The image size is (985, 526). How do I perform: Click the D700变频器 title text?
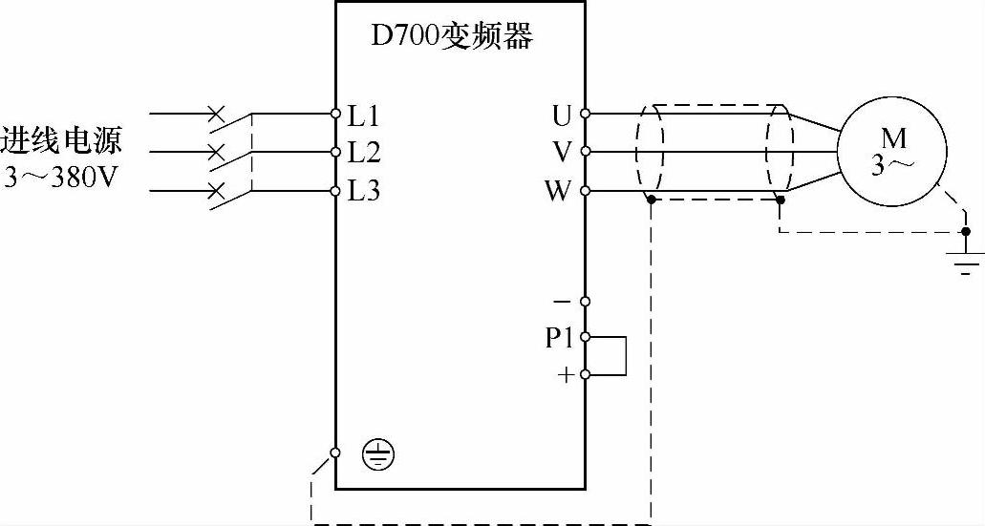coord(451,38)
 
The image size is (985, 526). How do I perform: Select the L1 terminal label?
coord(363,116)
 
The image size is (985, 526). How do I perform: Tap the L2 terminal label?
coord(363,153)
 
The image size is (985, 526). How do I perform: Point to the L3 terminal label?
coord(363,191)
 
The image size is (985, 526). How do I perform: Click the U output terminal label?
coord(562,116)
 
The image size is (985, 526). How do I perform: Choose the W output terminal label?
coord(558,191)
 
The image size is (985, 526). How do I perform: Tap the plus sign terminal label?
coord(566,375)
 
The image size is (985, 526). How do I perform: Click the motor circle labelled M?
coord(892,152)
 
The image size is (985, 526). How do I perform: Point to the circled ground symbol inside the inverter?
coord(379,456)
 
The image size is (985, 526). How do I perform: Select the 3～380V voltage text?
coord(60,179)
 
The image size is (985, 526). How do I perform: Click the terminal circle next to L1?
coord(336,114)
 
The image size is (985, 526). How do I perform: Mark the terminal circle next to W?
coord(585,191)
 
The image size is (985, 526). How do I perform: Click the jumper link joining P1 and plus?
coord(625,356)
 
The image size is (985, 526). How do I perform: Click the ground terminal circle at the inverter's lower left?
coord(336,452)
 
